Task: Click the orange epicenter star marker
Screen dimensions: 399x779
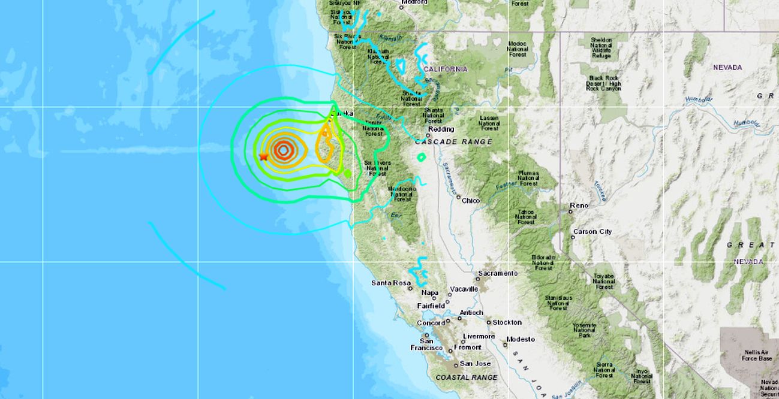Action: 263,156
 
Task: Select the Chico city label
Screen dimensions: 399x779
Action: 471,201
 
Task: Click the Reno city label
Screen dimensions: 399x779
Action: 579,206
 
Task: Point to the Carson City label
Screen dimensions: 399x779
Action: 592,232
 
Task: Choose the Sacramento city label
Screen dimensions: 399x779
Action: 497,274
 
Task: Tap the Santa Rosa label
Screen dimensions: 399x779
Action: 390,283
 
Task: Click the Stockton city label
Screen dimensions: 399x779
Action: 507,322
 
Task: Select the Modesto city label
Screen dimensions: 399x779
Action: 520,339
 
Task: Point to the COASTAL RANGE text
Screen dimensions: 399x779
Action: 467,377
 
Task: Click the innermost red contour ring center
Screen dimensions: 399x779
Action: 283,150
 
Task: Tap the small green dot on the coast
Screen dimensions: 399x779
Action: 347,174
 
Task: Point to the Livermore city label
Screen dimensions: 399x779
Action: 479,337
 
